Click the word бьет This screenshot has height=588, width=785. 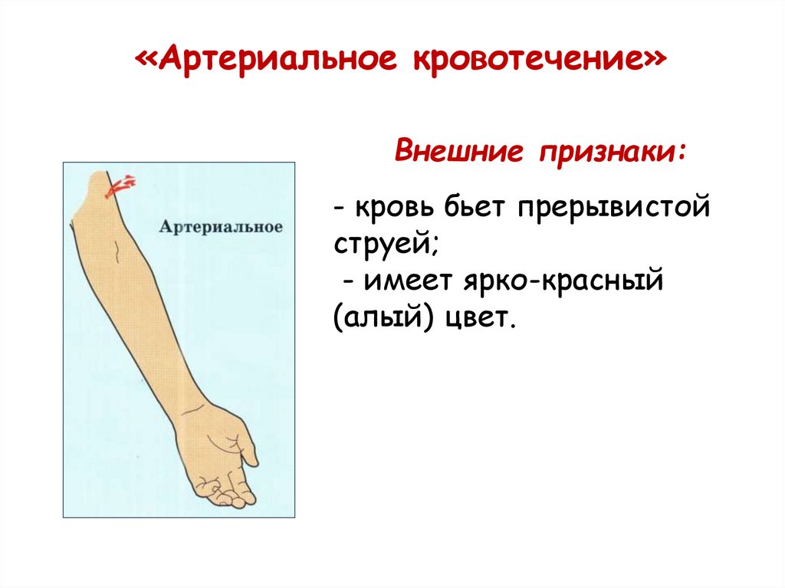pos(477,209)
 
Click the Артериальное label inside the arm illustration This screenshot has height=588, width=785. pos(222,228)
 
